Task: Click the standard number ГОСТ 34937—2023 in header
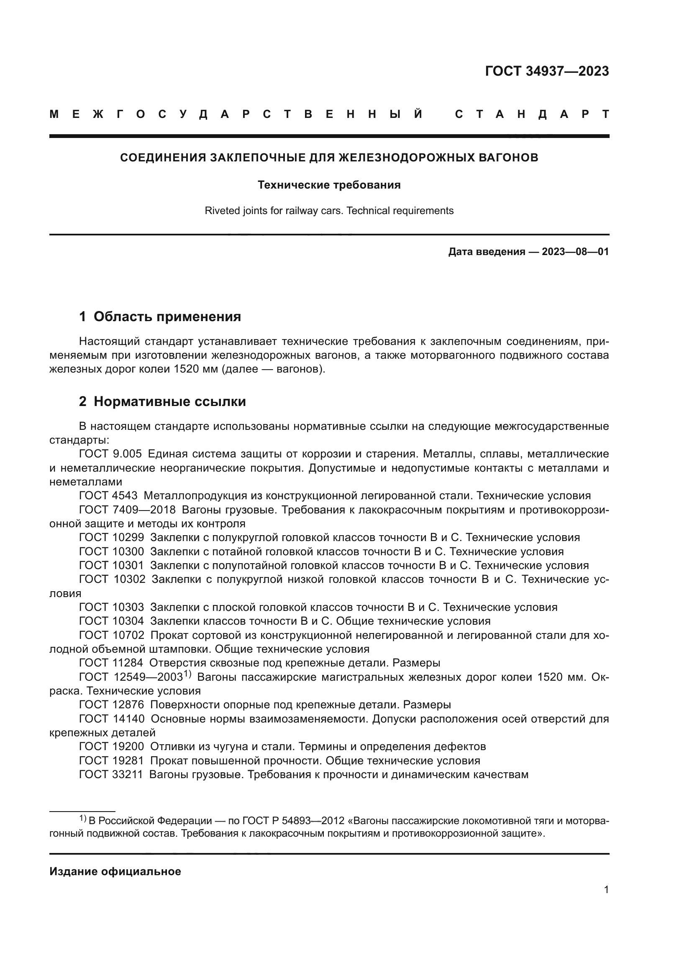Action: click(x=547, y=71)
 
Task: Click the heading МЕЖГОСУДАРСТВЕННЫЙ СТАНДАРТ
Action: click(x=329, y=115)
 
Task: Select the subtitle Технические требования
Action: click(x=329, y=185)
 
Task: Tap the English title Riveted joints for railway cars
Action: click(x=329, y=210)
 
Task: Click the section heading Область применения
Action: click(x=167, y=317)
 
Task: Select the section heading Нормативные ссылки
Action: click(x=169, y=401)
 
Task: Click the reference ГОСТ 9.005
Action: click(x=110, y=454)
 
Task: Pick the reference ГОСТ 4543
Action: click(x=108, y=495)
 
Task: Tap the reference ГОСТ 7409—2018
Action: click(x=128, y=509)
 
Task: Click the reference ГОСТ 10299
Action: click(x=112, y=537)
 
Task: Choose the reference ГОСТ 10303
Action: click(x=112, y=607)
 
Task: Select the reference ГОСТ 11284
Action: click(x=111, y=663)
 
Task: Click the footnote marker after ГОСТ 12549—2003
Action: click(x=188, y=674)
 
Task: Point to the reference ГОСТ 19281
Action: click(x=112, y=761)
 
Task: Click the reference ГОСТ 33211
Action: click(x=111, y=774)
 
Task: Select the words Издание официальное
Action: click(x=115, y=871)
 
